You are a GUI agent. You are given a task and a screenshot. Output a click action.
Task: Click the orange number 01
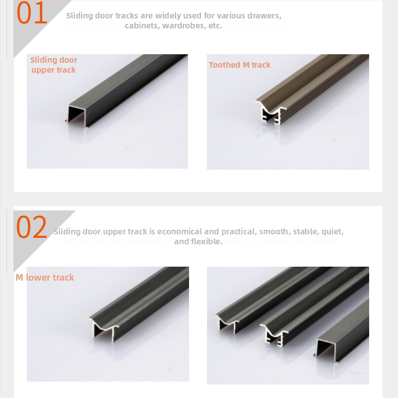pyautogui.click(x=32, y=13)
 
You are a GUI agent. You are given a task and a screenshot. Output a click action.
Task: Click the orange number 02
pyautogui.click(x=32, y=227)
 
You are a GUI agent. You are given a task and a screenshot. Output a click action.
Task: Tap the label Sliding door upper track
pyautogui.click(x=54, y=65)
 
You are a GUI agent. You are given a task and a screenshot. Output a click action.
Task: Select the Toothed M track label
pyautogui.click(x=240, y=65)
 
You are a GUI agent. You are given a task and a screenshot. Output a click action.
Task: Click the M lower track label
pyautogui.click(x=45, y=278)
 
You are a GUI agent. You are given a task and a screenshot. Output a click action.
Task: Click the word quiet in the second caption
pyautogui.click(x=331, y=232)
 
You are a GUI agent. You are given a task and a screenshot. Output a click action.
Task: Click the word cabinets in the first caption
pyautogui.click(x=142, y=25)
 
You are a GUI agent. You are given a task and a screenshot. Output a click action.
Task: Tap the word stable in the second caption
pyautogui.click(x=305, y=232)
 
